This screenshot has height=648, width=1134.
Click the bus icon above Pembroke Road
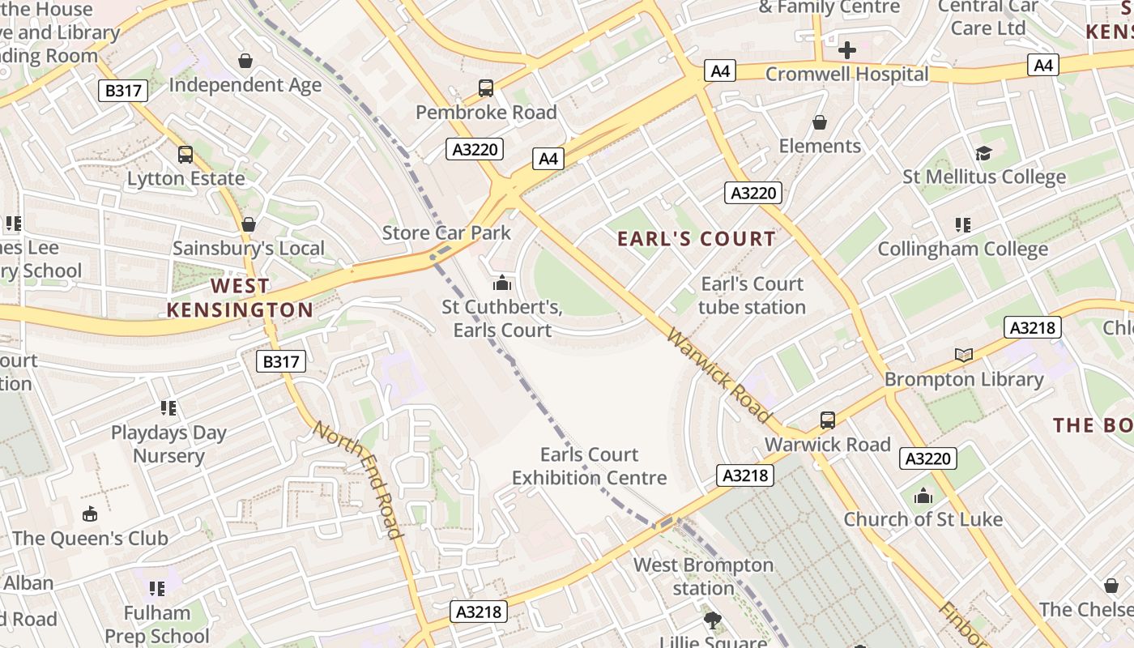[x=486, y=87]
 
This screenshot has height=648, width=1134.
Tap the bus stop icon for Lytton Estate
[x=185, y=154]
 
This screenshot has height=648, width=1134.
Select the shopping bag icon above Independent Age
[x=245, y=61]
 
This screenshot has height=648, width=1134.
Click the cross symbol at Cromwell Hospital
[x=847, y=50]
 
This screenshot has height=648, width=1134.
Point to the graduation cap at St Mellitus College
[x=983, y=153]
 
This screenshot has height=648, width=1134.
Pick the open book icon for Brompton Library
[x=964, y=355]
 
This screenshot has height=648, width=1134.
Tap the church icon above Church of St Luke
[x=923, y=496]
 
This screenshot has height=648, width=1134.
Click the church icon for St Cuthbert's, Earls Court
[x=502, y=283]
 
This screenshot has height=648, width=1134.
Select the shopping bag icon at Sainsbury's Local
[x=249, y=224]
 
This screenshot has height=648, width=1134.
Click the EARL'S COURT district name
[x=697, y=239]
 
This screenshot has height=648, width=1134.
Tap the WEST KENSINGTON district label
[x=240, y=298]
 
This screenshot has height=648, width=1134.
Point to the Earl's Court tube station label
[x=752, y=296]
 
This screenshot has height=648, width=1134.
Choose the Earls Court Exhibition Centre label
[x=590, y=467]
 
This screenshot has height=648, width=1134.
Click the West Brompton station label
[x=703, y=576]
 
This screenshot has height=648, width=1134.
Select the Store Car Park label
[x=446, y=233]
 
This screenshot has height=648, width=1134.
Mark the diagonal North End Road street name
[x=358, y=480]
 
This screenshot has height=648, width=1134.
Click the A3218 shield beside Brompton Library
[x=1032, y=327]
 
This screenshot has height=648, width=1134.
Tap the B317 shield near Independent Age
[x=123, y=90]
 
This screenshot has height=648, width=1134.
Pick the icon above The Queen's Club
[x=90, y=514]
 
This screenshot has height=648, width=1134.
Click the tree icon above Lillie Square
[x=713, y=620]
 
